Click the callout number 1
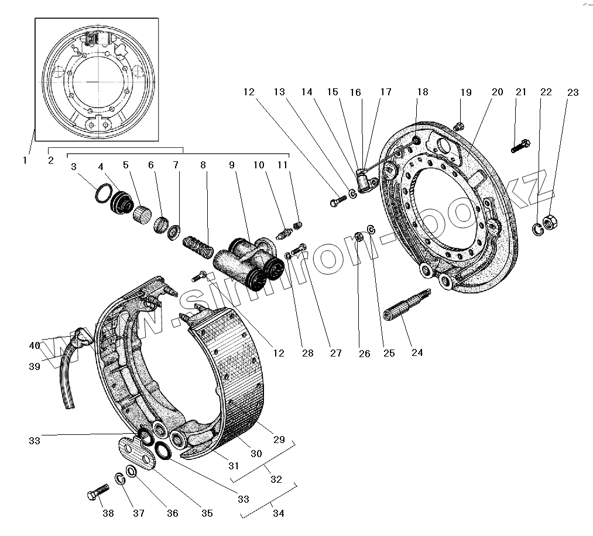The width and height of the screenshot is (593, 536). tap(25, 160)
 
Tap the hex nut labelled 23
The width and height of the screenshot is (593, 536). tap(551, 223)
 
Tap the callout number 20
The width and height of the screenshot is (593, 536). tap(497, 92)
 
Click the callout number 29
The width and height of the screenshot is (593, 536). tap(279, 440)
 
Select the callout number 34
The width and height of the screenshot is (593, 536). tap(278, 514)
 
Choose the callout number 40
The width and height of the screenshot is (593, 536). tap(35, 345)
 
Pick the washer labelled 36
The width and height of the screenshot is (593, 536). tap(131, 472)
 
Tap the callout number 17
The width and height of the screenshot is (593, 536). tap(386, 92)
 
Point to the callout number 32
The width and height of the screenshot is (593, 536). tap(276, 479)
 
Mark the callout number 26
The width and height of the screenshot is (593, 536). tap(364, 354)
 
